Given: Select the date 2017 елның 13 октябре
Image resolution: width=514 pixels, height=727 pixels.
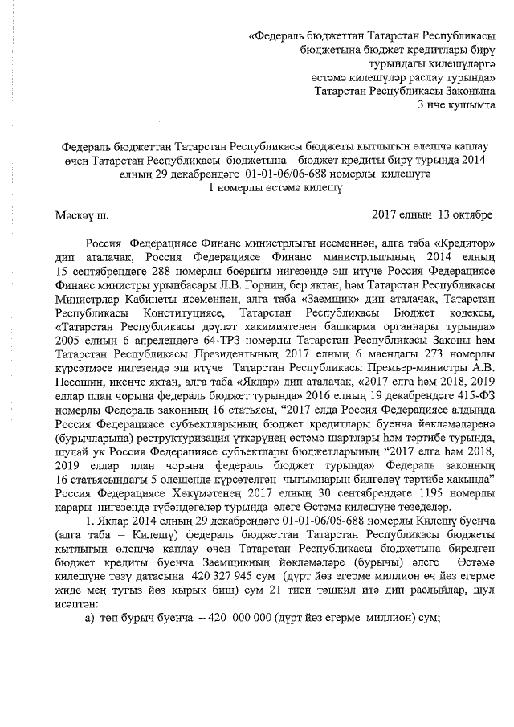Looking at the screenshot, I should pyautogui.click(x=433, y=214).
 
